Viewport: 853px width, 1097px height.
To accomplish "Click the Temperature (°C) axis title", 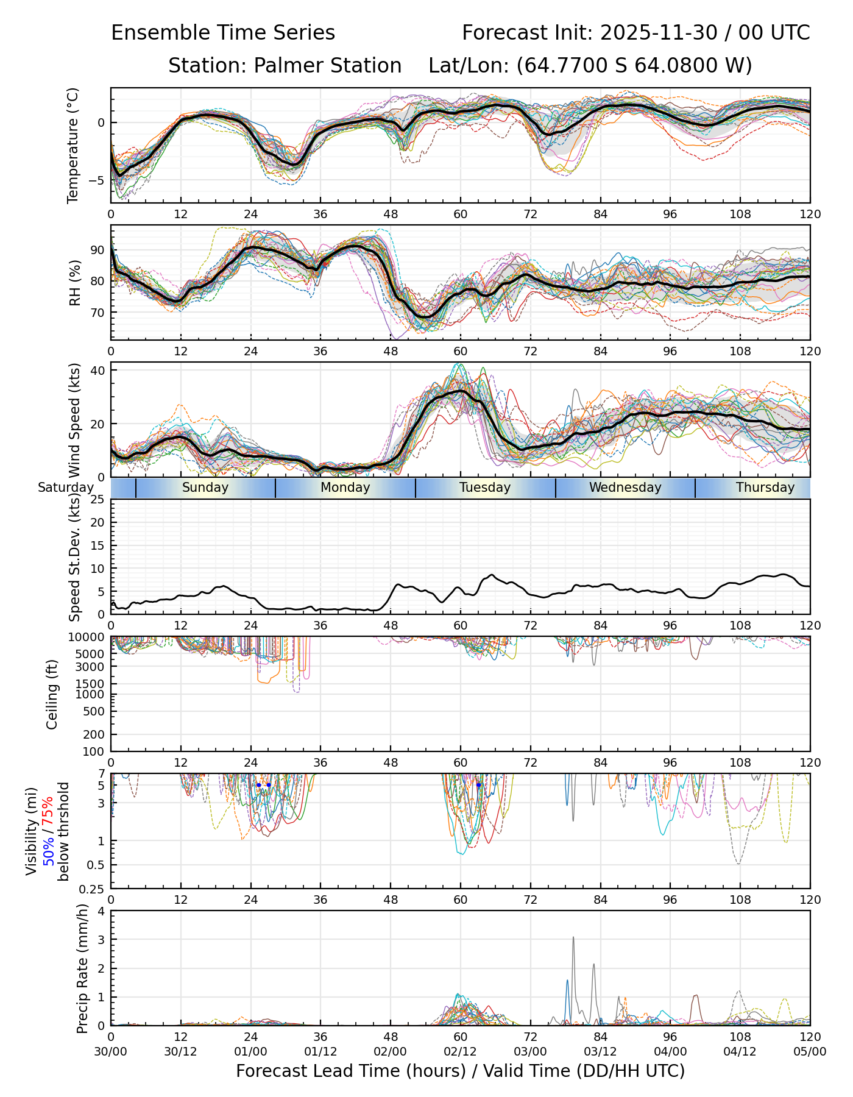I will (73, 145).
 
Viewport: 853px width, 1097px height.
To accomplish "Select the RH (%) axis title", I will (75, 283).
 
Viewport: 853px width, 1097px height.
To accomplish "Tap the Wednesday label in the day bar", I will (625, 488).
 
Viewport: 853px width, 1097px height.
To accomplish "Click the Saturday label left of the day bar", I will (66, 488).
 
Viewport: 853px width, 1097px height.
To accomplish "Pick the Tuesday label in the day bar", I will (485, 488).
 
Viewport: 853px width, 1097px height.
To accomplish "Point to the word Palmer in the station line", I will (288, 66).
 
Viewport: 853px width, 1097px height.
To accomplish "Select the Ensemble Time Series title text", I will (223, 33).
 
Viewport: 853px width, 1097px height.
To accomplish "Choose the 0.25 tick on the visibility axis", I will (94, 888).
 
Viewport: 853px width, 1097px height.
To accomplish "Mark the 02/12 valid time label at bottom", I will (460, 1052).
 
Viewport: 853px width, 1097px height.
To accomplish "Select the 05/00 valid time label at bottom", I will (810, 1052).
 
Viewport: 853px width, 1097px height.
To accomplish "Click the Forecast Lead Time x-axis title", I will (460, 1071).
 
